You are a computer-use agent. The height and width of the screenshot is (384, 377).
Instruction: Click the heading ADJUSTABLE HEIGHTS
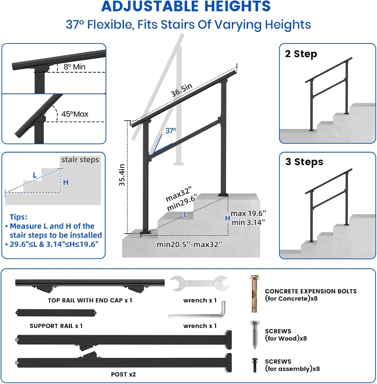tap(186, 6)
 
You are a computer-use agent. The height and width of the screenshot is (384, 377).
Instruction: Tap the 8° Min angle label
tap(75, 67)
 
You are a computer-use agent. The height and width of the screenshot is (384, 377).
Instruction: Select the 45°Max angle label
tap(75, 114)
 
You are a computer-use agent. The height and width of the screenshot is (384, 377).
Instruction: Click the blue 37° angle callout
tap(171, 131)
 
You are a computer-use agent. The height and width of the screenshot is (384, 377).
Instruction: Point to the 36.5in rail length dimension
tap(182, 90)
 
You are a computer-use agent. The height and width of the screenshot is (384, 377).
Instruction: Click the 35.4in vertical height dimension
tap(122, 175)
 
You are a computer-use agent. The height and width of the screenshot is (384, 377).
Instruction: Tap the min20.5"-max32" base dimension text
tap(189, 244)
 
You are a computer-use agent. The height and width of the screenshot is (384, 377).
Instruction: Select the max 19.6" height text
tap(248, 214)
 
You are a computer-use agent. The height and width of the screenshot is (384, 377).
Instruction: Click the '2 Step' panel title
tap(301, 54)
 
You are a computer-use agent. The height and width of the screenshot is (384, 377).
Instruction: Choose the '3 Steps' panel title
tap(304, 162)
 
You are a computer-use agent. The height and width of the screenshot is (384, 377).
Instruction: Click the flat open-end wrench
tap(200, 283)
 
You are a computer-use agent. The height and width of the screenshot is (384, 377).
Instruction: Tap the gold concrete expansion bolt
tap(254, 294)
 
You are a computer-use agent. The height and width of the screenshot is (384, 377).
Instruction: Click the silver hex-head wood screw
tap(255, 334)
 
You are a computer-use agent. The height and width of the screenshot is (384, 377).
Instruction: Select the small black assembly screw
tap(255, 365)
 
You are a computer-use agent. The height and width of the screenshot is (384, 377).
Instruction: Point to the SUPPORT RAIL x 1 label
tap(56, 326)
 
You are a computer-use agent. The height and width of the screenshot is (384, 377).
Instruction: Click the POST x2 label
tap(123, 374)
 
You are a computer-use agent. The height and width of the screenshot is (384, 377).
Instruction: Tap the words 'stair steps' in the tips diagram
tap(80, 160)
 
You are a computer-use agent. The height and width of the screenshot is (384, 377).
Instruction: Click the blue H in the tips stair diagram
tap(66, 182)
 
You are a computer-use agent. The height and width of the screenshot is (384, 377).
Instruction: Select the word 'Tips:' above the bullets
tap(18, 217)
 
